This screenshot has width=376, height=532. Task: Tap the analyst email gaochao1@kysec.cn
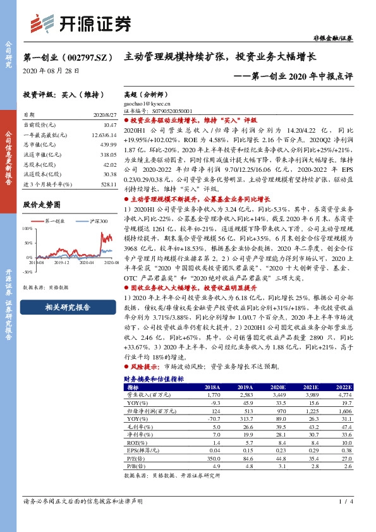[148, 102]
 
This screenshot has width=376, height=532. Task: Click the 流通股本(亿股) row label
[42, 174]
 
